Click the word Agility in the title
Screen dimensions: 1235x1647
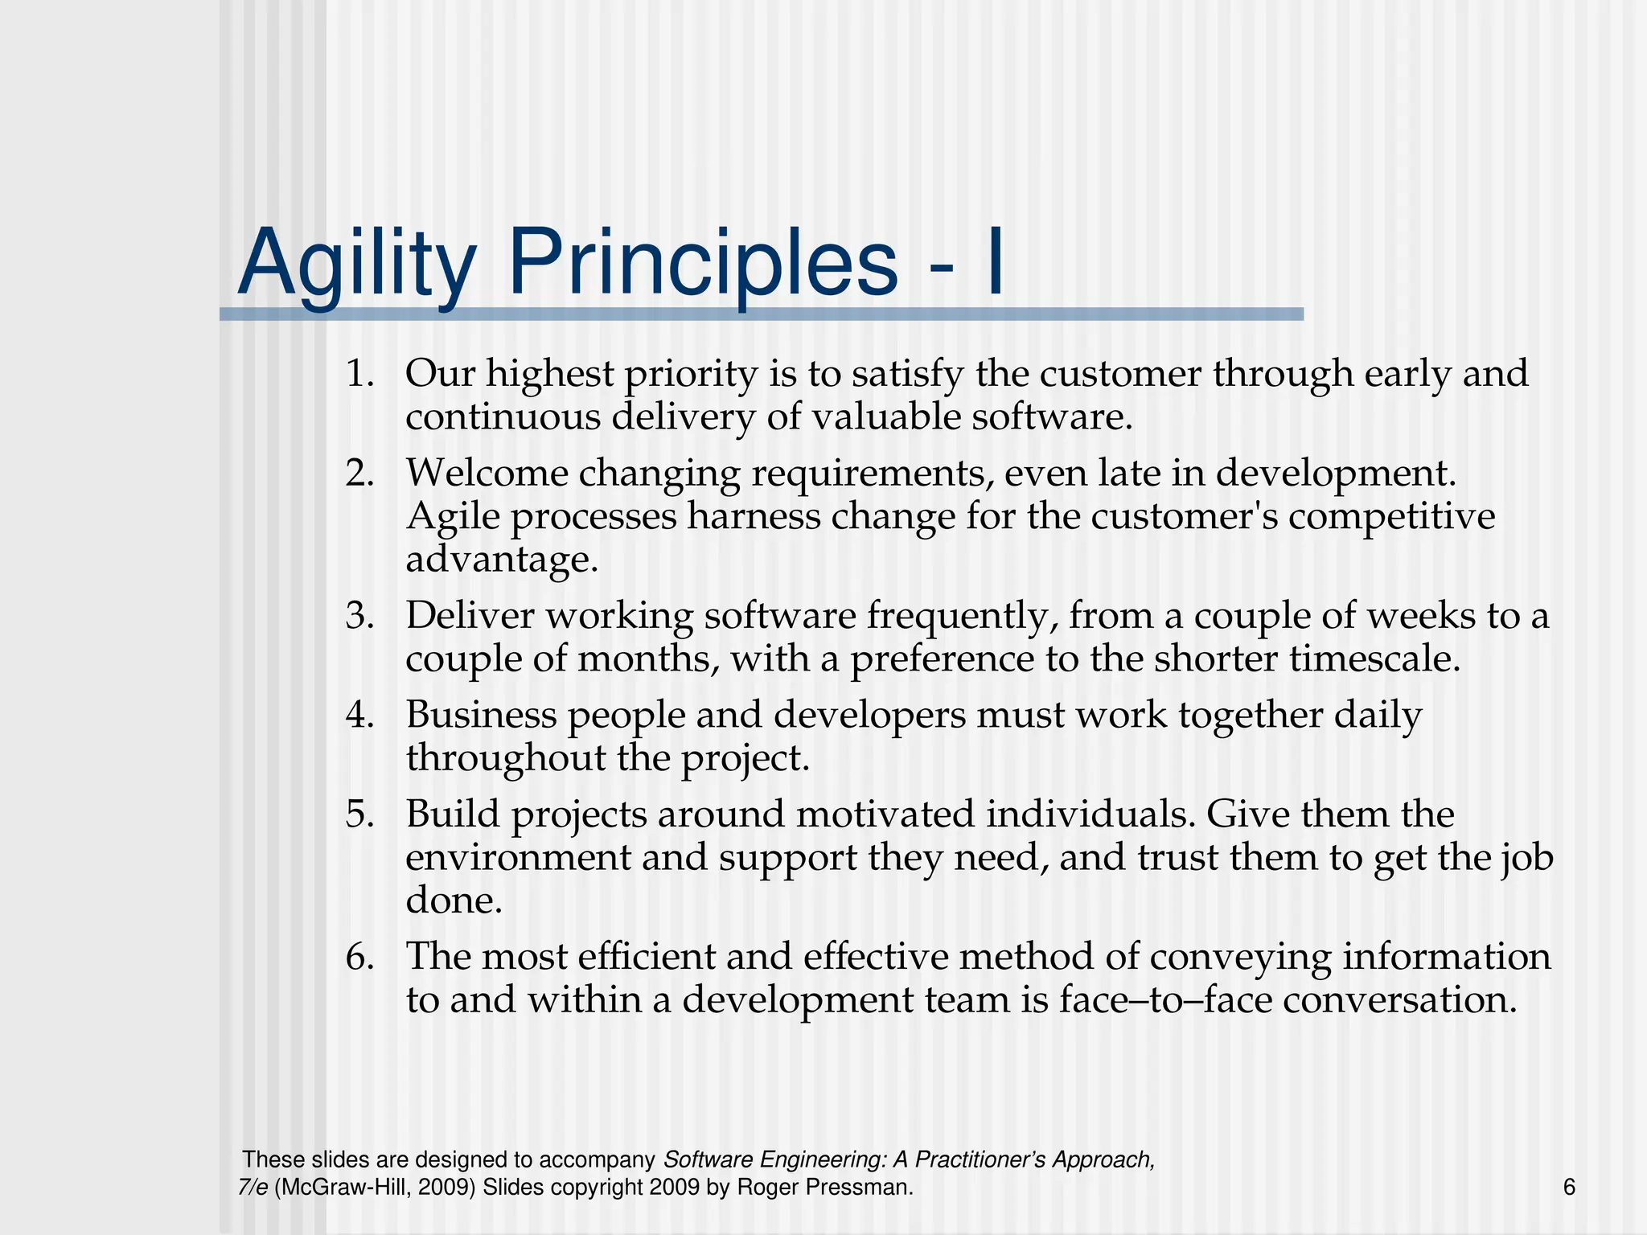point(357,264)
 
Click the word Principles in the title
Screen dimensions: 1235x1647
point(702,264)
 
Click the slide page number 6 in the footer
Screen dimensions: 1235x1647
point(1569,1187)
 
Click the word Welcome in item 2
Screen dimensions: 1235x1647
point(487,473)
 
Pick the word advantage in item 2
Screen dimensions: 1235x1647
point(502,560)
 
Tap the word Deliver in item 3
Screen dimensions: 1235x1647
point(470,616)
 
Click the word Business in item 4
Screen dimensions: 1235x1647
point(481,715)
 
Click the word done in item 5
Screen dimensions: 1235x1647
point(454,901)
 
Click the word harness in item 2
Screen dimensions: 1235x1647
point(754,516)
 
